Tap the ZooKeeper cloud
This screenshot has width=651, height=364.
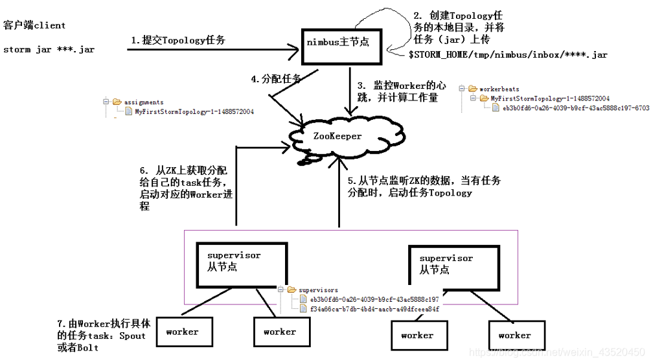pyautogui.click(x=337, y=136)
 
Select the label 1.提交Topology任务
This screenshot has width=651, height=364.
pyautogui.click(x=178, y=40)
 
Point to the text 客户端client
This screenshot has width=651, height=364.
pyautogui.click(x=34, y=25)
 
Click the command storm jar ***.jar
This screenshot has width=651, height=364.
pyautogui.click(x=49, y=49)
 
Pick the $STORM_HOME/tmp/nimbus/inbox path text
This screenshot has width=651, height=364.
pyautogui.click(x=508, y=55)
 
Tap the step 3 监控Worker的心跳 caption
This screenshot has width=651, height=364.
pyautogui.click(x=402, y=91)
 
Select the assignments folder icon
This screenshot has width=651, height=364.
pyautogui.click(x=117, y=102)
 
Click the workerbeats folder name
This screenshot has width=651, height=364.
pyautogui.click(x=499, y=89)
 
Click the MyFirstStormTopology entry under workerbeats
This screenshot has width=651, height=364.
pyautogui.click(x=550, y=98)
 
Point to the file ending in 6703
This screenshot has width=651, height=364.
pyautogui.click(x=575, y=108)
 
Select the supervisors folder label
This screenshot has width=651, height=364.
pyautogui.click(x=317, y=290)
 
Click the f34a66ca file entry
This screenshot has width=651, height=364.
pyautogui.click(x=374, y=309)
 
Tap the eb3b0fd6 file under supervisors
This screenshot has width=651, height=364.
pyautogui.click(x=374, y=299)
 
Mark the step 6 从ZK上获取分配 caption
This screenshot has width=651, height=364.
pyautogui.click(x=185, y=188)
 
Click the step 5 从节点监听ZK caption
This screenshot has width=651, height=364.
pyautogui.click(x=424, y=187)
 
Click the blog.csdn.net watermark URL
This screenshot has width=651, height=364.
pyautogui.click(x=556, y=352)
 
